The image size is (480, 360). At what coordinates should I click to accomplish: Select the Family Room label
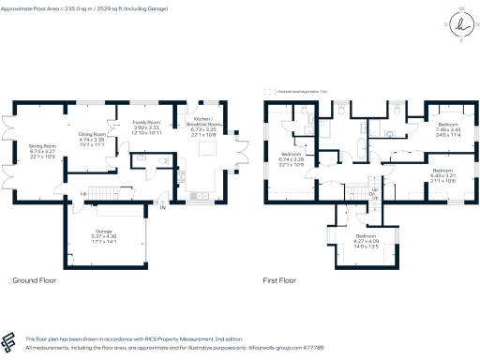[x=146, y=128]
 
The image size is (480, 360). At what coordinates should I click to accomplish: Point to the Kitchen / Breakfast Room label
[x=206, y=128]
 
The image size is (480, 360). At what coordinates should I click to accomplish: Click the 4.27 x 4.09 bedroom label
[x=366, y=242]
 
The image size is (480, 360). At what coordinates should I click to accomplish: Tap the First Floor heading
[x=286, y=280]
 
